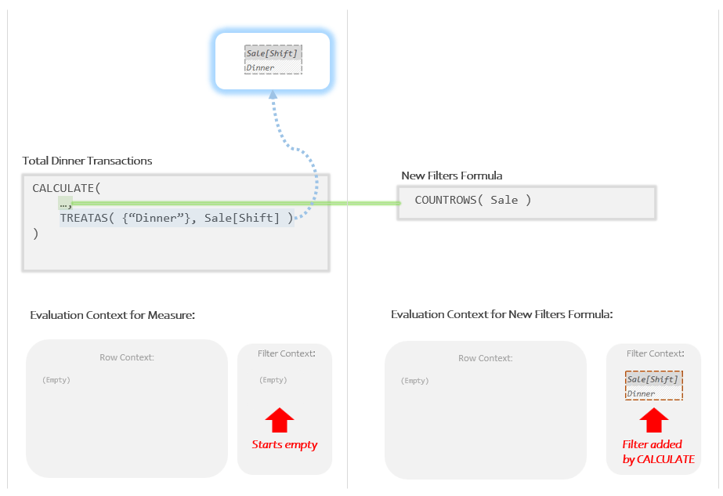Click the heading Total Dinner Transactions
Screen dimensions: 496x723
point(87,161)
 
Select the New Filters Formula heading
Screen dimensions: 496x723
point(451,176)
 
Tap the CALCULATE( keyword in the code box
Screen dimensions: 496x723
point(67,188)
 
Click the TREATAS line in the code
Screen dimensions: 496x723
point(176,218)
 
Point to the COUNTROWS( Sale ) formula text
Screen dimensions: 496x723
point(473,200)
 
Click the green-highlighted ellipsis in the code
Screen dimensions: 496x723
point(65,203)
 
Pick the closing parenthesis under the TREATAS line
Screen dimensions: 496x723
point(35,234)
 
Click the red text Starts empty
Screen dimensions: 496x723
point(284,444)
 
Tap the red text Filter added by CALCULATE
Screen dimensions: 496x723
point(659,452)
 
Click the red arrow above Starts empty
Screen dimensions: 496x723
point(280,420)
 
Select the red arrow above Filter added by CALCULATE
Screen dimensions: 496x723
point(654,420)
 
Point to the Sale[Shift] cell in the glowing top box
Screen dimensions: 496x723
point(273,53)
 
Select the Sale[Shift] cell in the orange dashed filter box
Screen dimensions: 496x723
point(653,379)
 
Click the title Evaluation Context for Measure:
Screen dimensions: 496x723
point(112,315)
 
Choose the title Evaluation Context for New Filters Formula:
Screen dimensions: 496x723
point(501,314)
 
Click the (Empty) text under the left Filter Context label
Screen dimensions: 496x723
point(273,380)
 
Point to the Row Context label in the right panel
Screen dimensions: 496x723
point(485,358)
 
